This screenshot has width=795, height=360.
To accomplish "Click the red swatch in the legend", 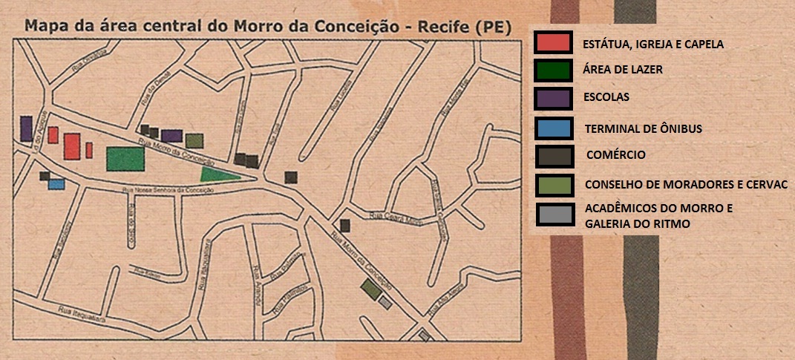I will tap(552, 42).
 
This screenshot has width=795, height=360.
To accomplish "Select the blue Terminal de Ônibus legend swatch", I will tap(553, 128).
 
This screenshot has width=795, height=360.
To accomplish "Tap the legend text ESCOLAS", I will tap(606, 97).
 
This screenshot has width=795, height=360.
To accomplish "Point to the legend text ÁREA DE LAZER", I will tap(622, 69).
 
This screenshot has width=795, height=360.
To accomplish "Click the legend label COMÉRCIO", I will tap(615, 155).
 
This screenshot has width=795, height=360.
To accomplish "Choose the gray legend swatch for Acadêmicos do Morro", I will tap(554, 215).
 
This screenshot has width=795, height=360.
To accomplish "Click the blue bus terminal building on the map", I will tap(56, 184).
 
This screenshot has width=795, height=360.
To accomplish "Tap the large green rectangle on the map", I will tap(125, 159).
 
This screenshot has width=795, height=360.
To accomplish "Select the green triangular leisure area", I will tap(218, 174).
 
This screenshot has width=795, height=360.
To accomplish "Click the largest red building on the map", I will tap(72, 145).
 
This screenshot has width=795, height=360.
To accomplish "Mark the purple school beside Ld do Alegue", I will tap(27, 128).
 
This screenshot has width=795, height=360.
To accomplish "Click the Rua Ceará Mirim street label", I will tap(385, 217).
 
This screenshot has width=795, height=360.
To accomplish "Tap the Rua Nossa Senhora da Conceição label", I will tap(172, 191).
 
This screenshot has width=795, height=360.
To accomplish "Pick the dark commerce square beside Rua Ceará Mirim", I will tap(344, 226).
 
